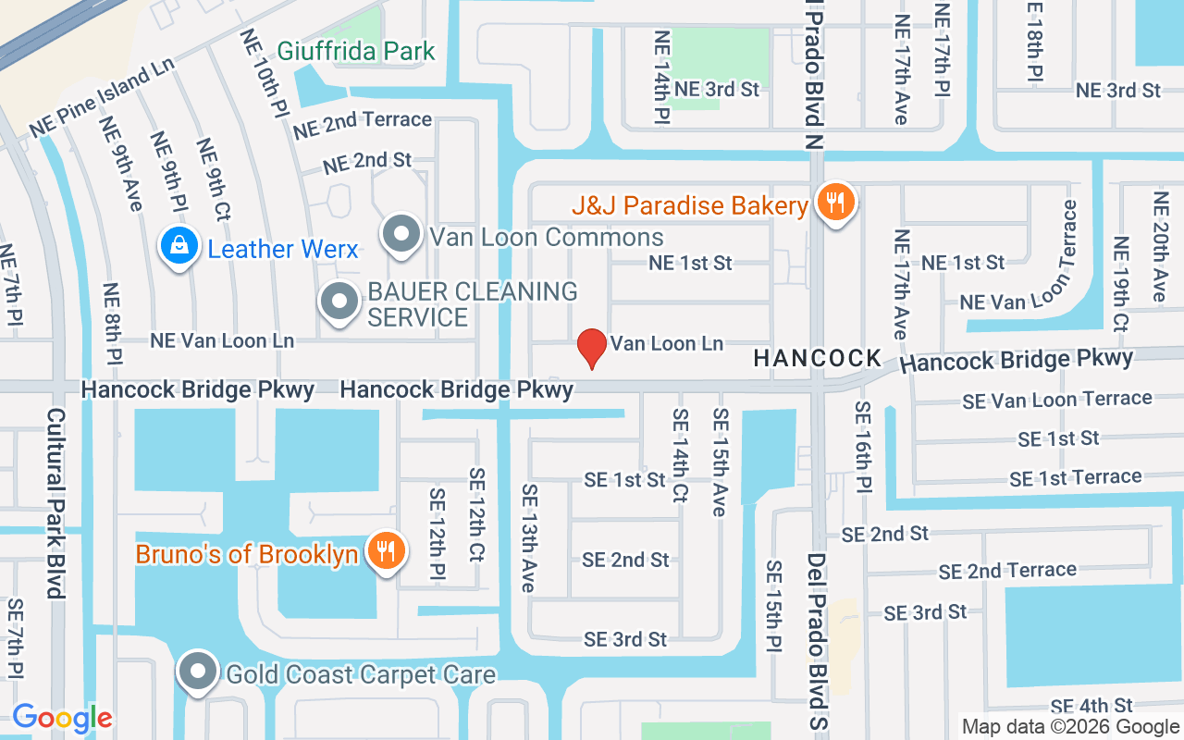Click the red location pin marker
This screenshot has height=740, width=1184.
click(592, 348)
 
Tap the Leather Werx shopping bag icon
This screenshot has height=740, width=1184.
click(176, 247)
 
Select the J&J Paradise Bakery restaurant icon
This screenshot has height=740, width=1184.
click(835, 203)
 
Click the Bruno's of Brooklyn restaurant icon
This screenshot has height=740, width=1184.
click(383, 551)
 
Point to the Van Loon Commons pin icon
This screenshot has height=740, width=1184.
click(401, 235)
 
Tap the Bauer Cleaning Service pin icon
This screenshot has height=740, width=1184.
click(339, 302)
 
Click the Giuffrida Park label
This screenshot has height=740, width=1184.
click(356, 51)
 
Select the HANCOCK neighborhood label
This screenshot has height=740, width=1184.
click(818, 358)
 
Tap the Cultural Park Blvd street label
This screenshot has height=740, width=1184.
click(55, 504)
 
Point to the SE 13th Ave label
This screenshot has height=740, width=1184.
click(528, 537)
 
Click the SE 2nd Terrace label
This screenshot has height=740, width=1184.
click(1007, 571)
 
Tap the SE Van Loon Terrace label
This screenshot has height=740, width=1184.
click(1057, 400)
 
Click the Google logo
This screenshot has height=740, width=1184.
click(62, 718)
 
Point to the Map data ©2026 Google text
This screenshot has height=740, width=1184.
click(1070, 727)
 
